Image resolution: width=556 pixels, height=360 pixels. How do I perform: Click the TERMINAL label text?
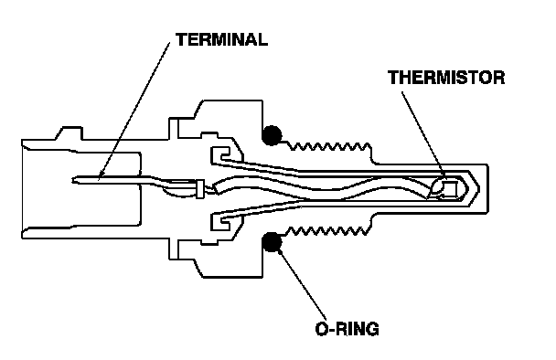221,39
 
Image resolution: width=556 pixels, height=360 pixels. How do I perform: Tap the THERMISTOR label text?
446,78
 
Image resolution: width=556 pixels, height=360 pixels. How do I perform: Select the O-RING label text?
347,329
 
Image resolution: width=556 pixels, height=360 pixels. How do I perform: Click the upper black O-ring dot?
272,135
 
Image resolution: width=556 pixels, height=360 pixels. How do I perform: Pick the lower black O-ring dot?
272,242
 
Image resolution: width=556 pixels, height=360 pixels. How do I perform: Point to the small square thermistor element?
451,188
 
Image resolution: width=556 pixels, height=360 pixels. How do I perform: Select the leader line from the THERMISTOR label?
423,134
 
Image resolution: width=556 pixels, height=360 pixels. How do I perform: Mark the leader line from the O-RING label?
302,284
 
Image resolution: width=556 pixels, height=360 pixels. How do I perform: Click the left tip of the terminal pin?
72,180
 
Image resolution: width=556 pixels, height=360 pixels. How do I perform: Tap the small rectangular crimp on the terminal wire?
200,189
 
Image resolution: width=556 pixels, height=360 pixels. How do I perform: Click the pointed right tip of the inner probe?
479,189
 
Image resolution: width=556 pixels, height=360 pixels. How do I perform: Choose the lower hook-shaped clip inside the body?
220,222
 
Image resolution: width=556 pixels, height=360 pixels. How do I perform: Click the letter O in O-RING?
321,329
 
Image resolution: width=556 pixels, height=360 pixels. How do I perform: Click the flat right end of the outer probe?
488,189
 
